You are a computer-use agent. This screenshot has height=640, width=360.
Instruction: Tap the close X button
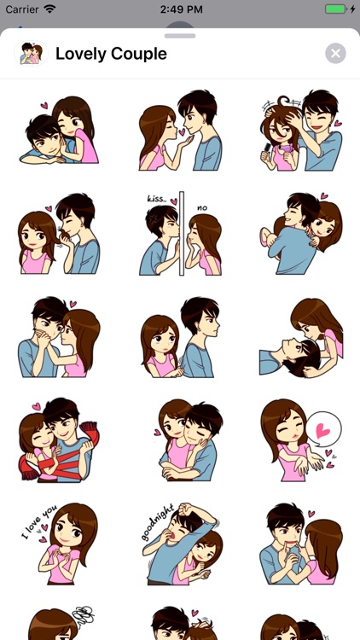click(x=335, y=54)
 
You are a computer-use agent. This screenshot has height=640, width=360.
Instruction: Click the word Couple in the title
click(x=137, y=54)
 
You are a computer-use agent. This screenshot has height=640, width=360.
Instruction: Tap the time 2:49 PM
click(x=180, y=9)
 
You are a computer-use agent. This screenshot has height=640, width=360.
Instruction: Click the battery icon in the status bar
click(x=336, y=9)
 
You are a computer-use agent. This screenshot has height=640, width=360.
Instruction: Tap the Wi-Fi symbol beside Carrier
click(x=49, y=9)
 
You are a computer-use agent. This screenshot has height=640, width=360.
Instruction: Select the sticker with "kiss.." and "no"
click(x=180, y=234)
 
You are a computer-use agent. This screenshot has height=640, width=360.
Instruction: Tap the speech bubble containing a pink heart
click(x=323, y=428)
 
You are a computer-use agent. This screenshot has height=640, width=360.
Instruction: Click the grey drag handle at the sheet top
click(x=180, y=36)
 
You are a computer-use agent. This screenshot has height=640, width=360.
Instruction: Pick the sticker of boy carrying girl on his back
click(x=301, y=234)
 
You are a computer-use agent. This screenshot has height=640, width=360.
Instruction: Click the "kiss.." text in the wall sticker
click(x=156, y=198)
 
